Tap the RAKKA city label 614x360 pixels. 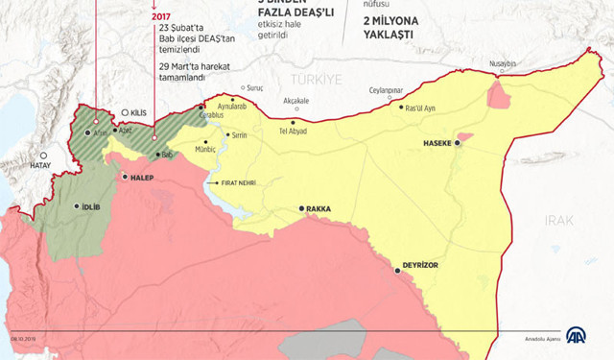(321, 208)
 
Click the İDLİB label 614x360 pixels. (87, 205)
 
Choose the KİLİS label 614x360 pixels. (142, 112)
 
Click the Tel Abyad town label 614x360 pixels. (293, 131)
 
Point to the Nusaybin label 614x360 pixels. (503, 64)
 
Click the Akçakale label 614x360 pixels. (296, 100)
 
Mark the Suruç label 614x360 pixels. (254, 87)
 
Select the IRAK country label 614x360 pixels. (557, 220)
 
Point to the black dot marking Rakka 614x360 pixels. (301, 208)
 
